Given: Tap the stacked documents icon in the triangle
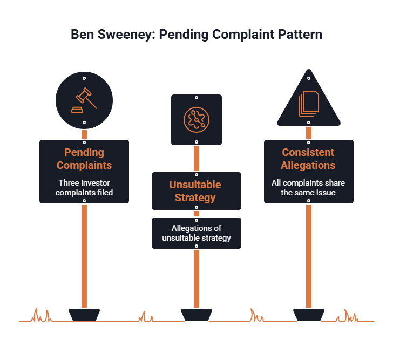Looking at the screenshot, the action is pyautogui.click(x=309, y=104).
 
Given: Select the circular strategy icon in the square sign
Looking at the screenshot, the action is pyautogui.click(x=196, y=120).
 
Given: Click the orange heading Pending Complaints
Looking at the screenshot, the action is pyautogui.click(x=84, y=159).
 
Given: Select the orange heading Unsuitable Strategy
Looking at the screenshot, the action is pyautogui.click(x=195, y=191).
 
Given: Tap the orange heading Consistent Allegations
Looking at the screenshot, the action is pyautogui.click(x=308, y=159).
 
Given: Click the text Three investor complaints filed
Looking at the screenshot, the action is pyautogui.click(x=84, y=188).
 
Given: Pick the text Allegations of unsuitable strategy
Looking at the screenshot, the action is pyautogui.click(x=196, y=233).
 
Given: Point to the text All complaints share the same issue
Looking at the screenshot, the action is pyautogui.click(x=308, y=188).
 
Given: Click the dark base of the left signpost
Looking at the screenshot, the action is pyautogui.click(x=84, y=315).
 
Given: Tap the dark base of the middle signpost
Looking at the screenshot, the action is pyautogui.click(x=196, y=315).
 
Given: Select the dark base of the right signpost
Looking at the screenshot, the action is pyautogui.click(x=309, y=315).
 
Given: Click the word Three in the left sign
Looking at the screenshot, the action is pyautogui.click(x=67, y=183).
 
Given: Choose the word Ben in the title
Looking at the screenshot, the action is pyautogui.click(x=82, y=35).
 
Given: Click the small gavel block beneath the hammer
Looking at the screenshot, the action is pyautogui.click(x=77, y=110).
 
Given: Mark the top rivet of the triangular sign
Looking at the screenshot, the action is pyautogui.click(x=309, y=78).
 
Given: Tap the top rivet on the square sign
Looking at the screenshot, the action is pyautogui.click(x=196, y=98).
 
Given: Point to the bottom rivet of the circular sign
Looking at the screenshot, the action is pyautogui.click(x=84, y=123).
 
